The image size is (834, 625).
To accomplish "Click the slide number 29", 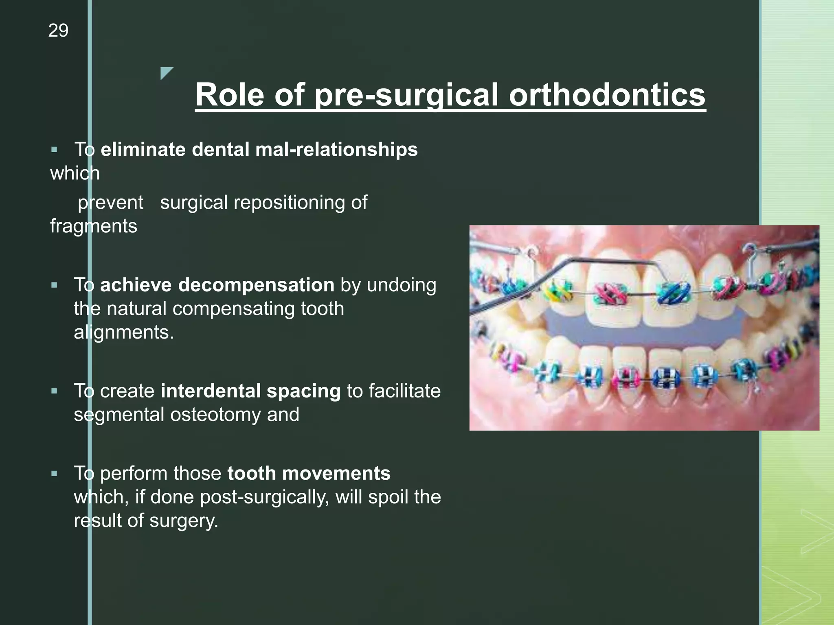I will point(58,31).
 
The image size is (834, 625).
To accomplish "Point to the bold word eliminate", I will point(143,149).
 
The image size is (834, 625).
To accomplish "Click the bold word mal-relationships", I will point(336,149).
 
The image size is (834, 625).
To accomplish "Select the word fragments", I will point(94,226).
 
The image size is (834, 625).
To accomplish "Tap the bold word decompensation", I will point(256,285).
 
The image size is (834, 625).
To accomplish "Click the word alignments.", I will point(124,332).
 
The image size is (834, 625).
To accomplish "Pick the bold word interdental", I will point(211,391).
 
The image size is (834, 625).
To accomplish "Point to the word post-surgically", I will point(265,497).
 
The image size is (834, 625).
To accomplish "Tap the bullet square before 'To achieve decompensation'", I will point(54,285).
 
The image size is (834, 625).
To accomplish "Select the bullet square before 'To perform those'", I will point(54,474).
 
